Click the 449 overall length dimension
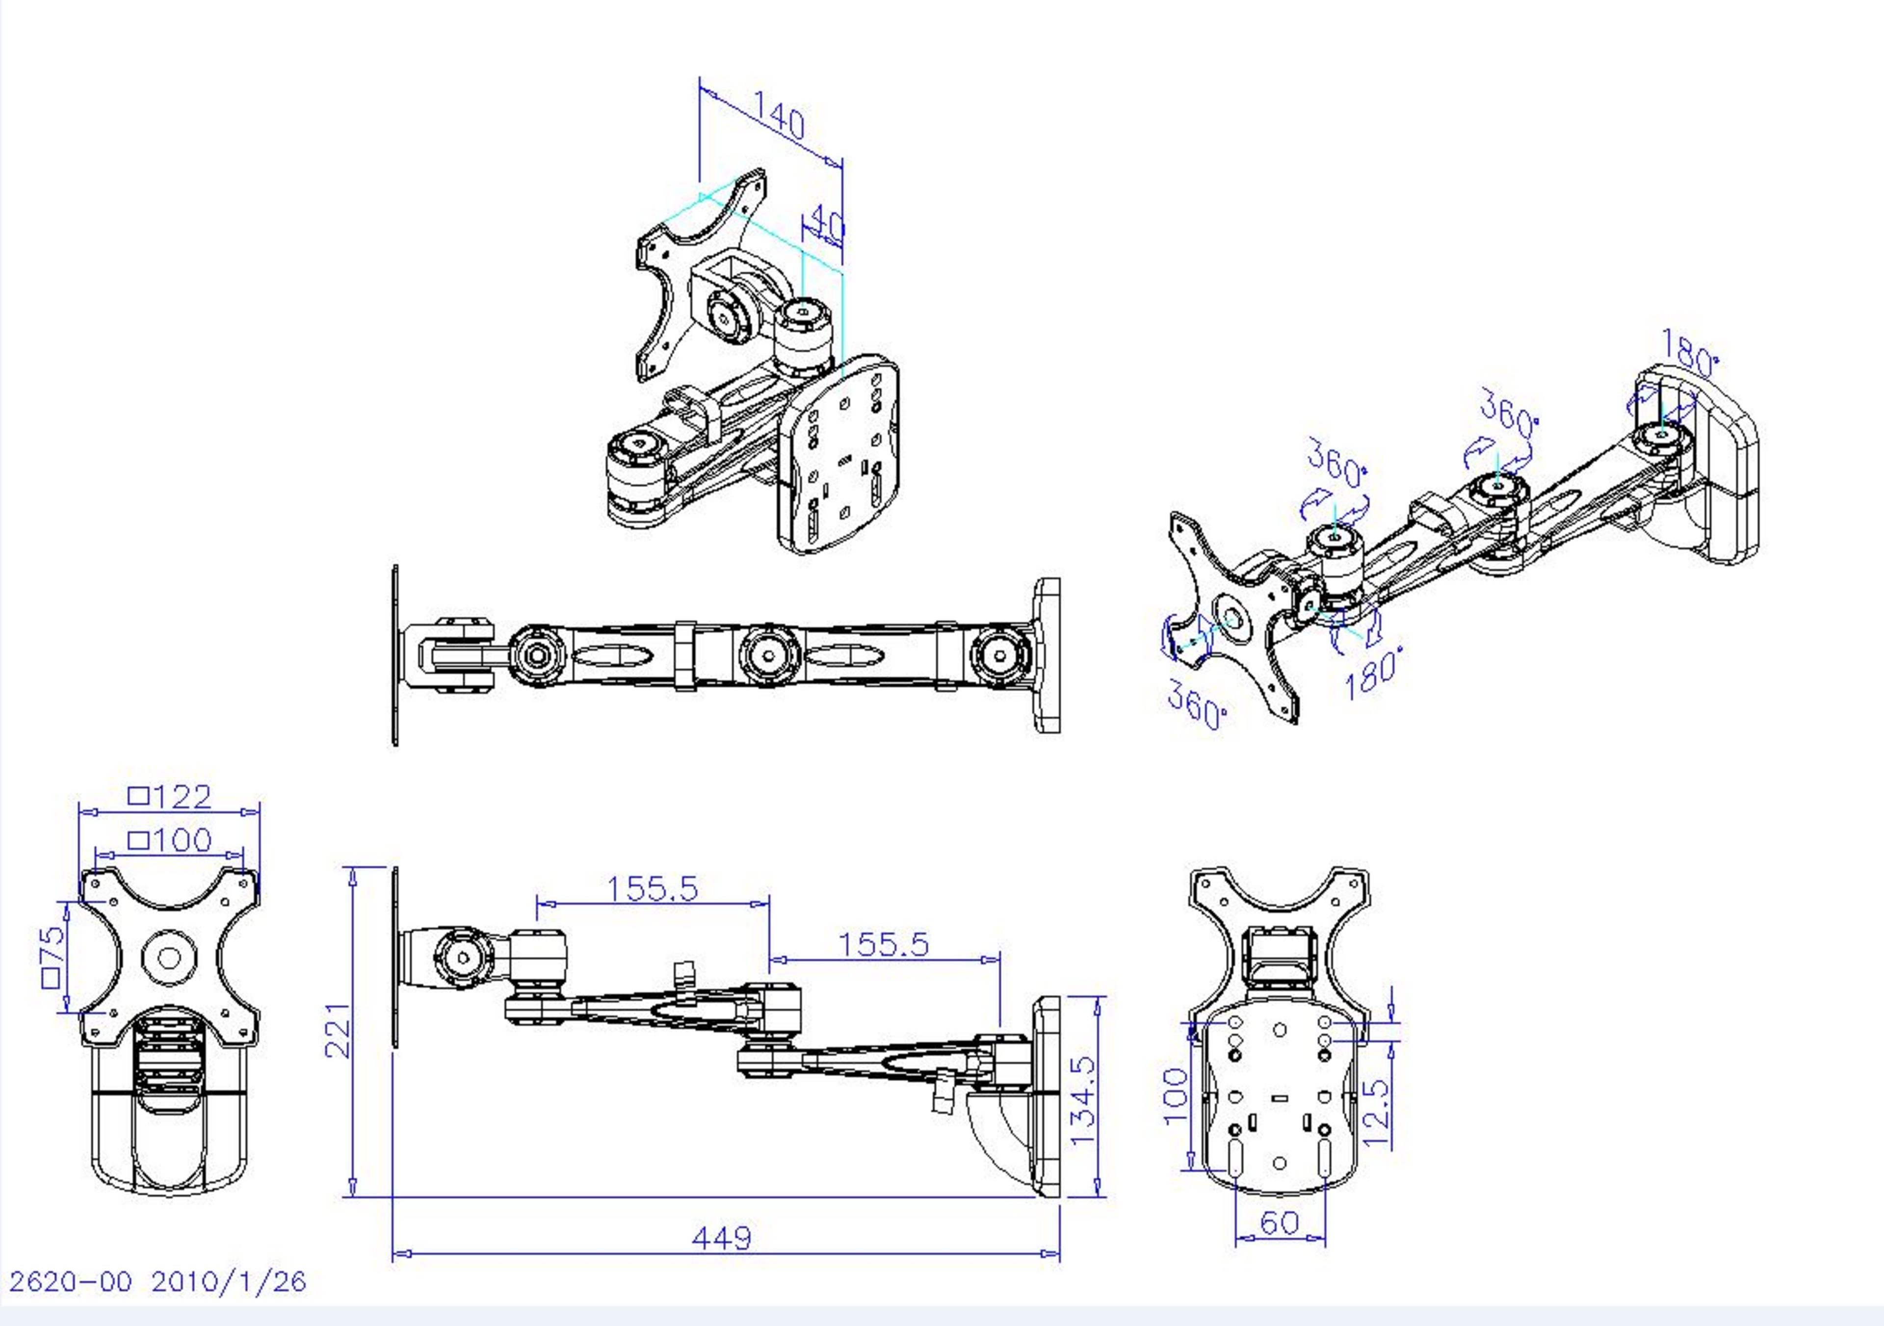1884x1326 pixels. pos(721,1237)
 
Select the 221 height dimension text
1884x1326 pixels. pos(338,1030)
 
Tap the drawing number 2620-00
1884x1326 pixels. pos(70,1282)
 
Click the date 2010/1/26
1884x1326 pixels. pos(228,1282)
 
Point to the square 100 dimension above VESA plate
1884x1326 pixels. pos(171,839)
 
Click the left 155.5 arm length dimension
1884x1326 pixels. pos(653,888)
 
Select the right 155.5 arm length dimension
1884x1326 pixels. pos(883,944)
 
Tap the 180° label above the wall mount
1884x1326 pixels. pos(1689,352)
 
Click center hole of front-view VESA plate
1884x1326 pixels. pos(169,958)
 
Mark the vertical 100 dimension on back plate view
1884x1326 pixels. pos(1176,1095)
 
